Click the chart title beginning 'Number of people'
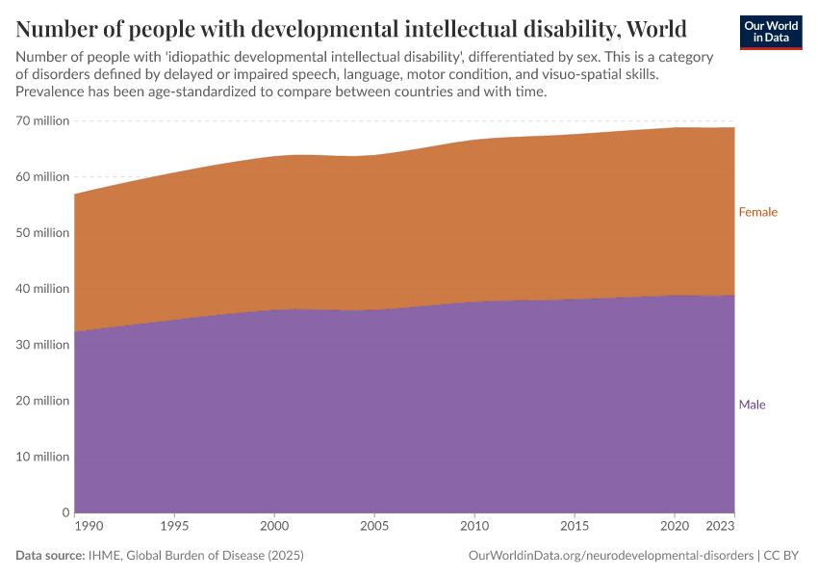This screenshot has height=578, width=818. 351,26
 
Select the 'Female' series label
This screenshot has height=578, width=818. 757,212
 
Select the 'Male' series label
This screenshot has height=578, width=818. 752,405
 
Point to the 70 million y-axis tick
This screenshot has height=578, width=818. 42,121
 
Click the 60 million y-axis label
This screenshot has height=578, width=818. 42,177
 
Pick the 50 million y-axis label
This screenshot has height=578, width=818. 42,233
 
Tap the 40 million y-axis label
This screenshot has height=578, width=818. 42,289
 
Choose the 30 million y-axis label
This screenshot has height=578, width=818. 42,345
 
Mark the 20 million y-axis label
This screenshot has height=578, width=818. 42,401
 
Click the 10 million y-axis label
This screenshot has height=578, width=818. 42,457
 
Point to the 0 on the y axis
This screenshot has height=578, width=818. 64,512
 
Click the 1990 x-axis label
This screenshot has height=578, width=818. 88,528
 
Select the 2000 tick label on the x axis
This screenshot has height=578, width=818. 274,528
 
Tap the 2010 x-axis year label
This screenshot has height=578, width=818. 474,528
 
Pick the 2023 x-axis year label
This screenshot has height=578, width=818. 721,528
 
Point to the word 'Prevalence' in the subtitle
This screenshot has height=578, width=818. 48,92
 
